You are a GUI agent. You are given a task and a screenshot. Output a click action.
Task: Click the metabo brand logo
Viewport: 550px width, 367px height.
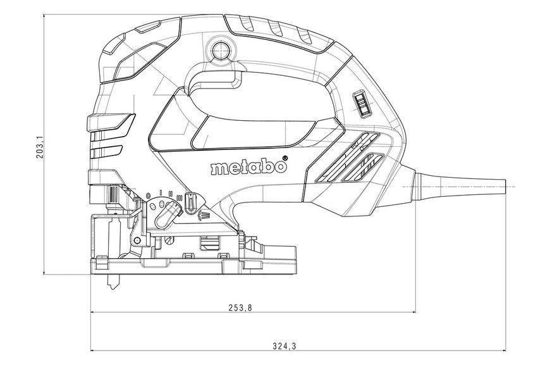click(248, 168)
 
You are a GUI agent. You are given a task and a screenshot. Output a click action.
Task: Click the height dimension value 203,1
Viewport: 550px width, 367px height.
click(40, 147)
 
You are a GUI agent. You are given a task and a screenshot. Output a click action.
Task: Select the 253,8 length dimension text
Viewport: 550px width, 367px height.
click(240, 308)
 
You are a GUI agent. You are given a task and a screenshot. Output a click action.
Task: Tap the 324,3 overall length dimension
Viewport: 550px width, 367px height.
click(284, 346)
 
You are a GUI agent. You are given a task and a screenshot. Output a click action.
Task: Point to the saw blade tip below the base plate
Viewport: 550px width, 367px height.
click(113, 286)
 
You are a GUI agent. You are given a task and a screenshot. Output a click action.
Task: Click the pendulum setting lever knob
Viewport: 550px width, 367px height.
click(168, 215)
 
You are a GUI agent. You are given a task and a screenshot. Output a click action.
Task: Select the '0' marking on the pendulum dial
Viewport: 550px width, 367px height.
click(148, 195)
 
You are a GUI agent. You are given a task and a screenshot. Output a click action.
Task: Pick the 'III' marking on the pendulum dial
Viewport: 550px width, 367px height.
click(180, 198)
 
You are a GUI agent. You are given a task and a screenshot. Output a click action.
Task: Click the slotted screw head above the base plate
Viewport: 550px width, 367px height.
click(169, 240)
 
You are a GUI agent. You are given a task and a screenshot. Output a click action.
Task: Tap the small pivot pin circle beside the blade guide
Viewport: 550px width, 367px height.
click(137, 240)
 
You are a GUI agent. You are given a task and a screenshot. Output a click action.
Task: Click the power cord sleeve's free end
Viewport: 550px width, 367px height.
click(504, 187)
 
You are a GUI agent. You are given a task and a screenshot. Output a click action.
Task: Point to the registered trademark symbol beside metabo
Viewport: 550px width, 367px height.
click(284, 158)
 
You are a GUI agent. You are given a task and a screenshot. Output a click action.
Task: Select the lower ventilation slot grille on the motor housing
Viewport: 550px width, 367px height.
click(362, 168)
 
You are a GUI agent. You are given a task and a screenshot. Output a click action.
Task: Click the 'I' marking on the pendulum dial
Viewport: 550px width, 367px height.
click(161, 192)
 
